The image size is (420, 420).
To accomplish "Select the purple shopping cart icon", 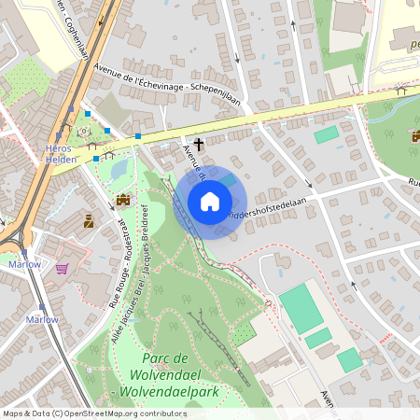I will pyautogui.click(x=62, y=268).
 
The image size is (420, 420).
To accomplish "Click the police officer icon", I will pyautogui.click(x=89, y=220).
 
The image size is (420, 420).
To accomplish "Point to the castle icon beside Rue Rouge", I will pyautogui.click(x=123, y=200).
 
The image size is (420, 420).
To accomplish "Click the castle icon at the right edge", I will pyautogui.click(x=415, y=136).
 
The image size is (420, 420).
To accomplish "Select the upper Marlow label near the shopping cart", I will pyautogui.click(x=25, y=264).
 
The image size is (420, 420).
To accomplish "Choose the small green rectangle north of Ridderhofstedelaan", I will pyautogui.click(x=326, y=135).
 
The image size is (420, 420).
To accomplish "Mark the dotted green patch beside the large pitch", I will pyautogui.click(x=245, y=333).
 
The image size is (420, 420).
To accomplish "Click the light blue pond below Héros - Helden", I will pyautogui.click(x=119, y=170).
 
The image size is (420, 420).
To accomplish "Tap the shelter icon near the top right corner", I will pyautogui.click(x=401, y=91).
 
